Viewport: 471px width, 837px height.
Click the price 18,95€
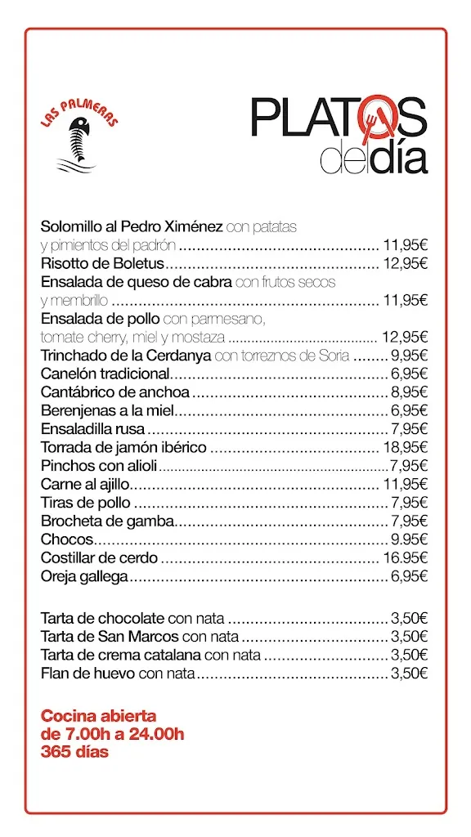tap(406, 447)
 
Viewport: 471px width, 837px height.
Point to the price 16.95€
tap(406, 558)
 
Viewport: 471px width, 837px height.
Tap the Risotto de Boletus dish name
tap(102, 263)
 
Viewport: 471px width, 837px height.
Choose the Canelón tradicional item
tap(104, 374)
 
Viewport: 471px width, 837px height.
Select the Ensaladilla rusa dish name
tap(92, 429)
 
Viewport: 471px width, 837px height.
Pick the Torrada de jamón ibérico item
tap(123, 447)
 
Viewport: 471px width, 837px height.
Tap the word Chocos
tap(67, 539)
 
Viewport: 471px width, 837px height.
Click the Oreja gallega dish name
tap(84, 576)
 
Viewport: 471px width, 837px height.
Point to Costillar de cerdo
tap(100, 558)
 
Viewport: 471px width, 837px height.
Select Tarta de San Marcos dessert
tap(110, 636)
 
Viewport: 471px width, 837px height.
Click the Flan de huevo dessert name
tap(89, 673)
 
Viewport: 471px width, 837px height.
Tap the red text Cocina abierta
tap(98, 716)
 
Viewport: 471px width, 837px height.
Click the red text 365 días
tap(74, 752)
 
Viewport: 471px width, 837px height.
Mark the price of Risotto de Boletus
tap(406, 263)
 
